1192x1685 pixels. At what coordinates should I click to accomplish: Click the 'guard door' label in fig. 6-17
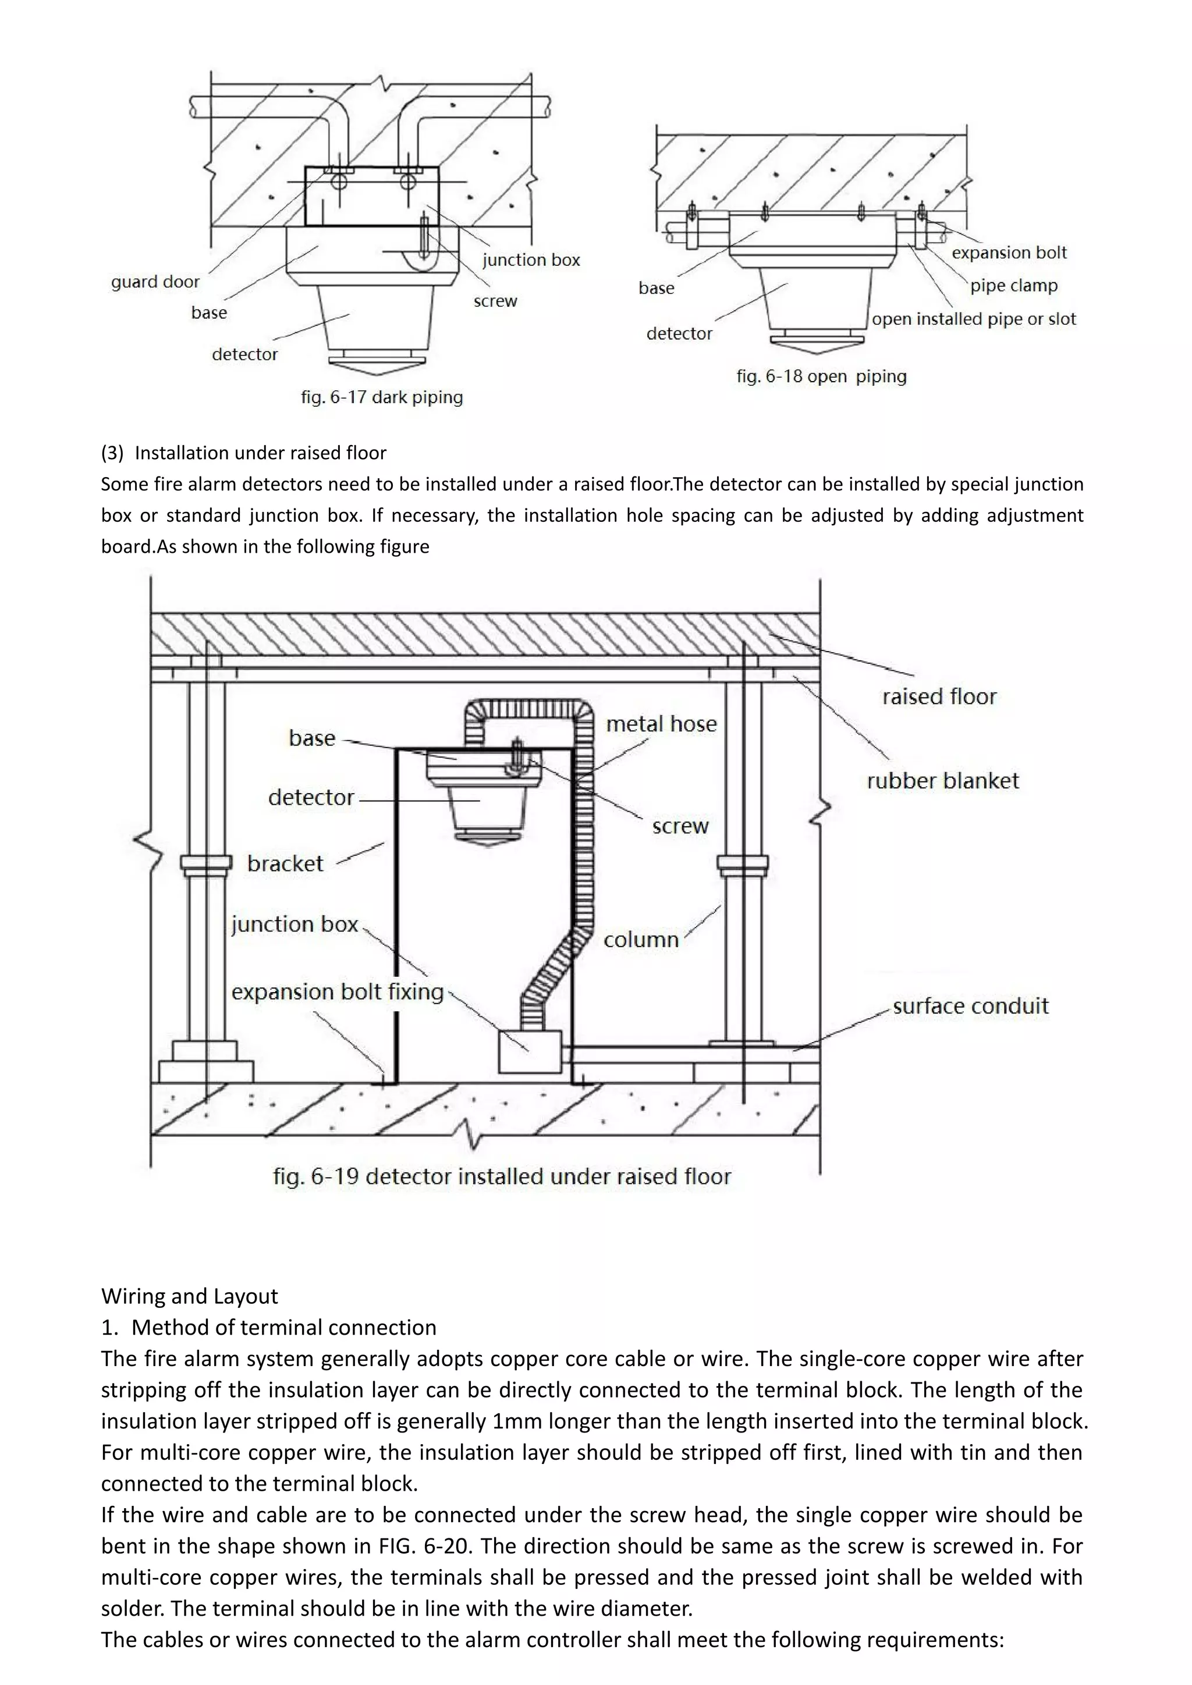coord(155,282)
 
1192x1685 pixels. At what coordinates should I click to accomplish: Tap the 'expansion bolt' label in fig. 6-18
coord(1009,253)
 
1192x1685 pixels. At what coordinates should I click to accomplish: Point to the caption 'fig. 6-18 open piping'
coord(821,376)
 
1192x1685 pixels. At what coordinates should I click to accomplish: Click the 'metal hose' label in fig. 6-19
coord(661,724)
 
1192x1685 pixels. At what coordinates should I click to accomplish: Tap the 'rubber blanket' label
coord(942,781)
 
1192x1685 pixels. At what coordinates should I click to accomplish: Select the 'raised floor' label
coord(939,696)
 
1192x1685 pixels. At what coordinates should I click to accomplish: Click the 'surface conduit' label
coord(970,1006)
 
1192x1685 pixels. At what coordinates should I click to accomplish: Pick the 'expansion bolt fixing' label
coord(338,992)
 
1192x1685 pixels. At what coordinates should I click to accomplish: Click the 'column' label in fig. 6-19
coord(641,940)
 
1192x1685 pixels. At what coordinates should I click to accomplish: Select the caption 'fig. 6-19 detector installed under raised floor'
coord(502,1177)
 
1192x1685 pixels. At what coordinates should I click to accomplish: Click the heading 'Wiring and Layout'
coord(189,1296)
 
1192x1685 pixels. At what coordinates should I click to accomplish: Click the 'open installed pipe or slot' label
coord(973,319)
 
